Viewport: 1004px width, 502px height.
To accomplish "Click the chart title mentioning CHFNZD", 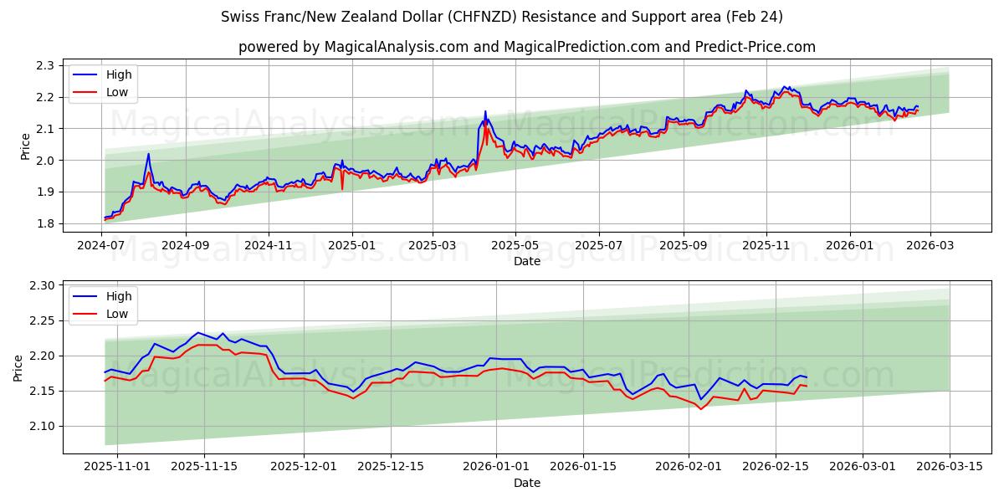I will click(x=502, y=17).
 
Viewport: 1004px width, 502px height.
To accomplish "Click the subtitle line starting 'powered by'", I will click(x=527, y=47).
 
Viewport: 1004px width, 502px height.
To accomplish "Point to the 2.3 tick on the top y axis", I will click(x=44, y=65).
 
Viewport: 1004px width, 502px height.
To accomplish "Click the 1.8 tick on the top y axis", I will click(x=44, y=223).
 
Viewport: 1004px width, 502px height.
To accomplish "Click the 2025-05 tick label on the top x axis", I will click(x=515, y=246).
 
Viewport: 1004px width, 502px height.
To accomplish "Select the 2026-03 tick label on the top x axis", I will click(x=930, y=246).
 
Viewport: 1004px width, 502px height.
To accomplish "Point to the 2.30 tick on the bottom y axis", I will click(x=42, y=285).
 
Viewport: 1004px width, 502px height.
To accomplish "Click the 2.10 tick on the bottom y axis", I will click(x=42, y=426).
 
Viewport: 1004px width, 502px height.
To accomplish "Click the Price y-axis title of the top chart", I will click(x=25, y=146).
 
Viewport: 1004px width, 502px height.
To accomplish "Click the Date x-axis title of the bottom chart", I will click(x=527, y=483).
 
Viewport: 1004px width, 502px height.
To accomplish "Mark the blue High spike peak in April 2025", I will click(x=484, y=111).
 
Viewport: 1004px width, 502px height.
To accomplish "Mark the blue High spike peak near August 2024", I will click(x=148, y=154).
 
